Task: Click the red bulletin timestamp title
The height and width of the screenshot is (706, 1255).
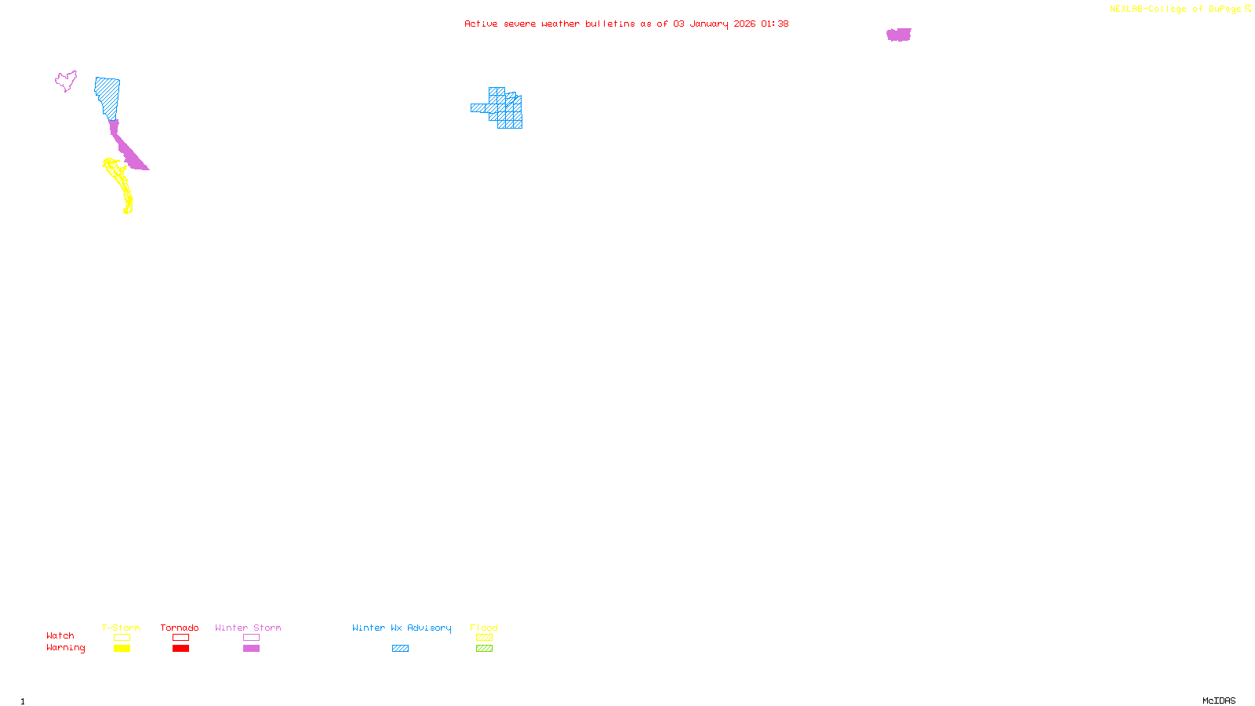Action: pos(626,24)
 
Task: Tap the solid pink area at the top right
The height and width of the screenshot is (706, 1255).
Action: pos(899,35)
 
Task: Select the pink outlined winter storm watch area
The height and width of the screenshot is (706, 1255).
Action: pos(66,80)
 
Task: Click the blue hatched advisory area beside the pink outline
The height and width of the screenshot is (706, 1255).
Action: pos(108,96)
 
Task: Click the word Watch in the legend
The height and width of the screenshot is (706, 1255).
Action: pos(60,636)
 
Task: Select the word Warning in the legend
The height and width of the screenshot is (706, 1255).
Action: pos(66,648)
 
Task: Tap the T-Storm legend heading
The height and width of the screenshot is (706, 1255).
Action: pos(121,628)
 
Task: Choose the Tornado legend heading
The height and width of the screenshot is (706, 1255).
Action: pos(180,628)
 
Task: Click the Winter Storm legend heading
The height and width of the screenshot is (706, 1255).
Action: pos(248,628)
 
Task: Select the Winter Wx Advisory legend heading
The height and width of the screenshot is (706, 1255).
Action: pos(402,628)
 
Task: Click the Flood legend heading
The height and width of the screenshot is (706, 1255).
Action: pos(484,628)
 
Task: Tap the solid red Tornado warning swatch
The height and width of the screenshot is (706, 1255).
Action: pos(180,649)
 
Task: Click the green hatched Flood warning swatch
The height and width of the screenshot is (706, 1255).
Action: pos(484,649)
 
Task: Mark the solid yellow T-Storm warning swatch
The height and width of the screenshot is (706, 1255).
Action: pos(122,649)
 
